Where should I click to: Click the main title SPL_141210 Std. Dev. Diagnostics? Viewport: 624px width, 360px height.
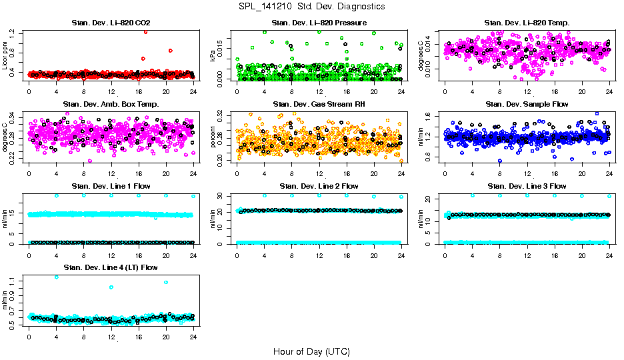311,7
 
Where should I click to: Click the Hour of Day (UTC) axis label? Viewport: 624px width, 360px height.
311,351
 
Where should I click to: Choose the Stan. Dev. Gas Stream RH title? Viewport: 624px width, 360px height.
319,104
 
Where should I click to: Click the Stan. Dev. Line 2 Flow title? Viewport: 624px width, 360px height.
319,186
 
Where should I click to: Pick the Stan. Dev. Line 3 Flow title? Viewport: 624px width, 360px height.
527,186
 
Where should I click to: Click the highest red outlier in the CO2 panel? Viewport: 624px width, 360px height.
145,31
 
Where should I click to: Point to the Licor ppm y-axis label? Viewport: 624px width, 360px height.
5,55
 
